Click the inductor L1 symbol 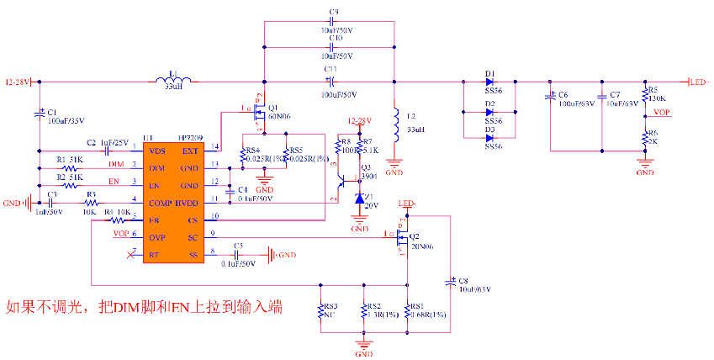pyautogui.click(x=174, y=82)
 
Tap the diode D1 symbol pyautogui.click(x=489, y=82)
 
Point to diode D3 pyautogui.click(x=489, y=137)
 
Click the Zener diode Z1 pyautogui.click(x=359, y=199)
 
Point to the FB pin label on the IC pyautogui.click(x=154, y=220)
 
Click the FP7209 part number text pyautogui.click(x=191, y=138)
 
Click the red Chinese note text pyautogui.click(x=144, y=309)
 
